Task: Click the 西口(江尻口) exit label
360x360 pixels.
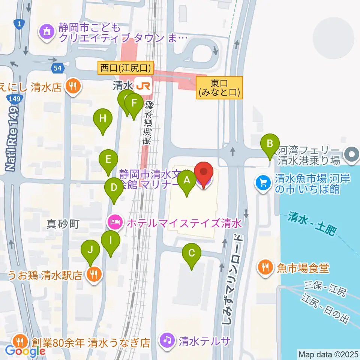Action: [x=126, y=68]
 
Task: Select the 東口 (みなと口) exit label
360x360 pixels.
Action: [x=219, y=88]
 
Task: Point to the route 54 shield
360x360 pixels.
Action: [x=58, y=68]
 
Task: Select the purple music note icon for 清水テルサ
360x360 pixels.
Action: [x=168, y=340]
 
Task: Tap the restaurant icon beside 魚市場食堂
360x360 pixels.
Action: [x=265, y=267]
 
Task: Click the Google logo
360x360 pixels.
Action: [x=25, y=351]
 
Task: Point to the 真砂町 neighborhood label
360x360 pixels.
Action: [x=63, y=224]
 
